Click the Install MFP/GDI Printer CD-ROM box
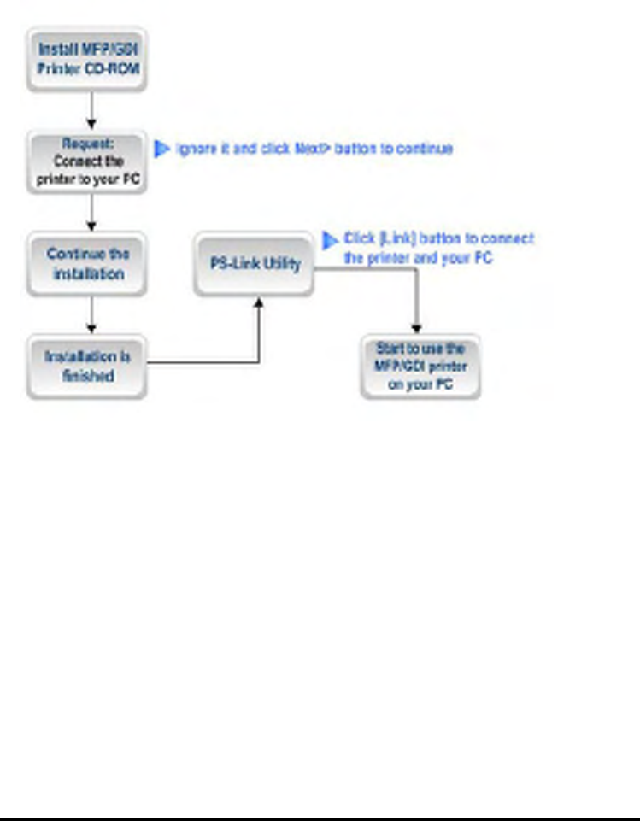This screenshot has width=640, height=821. coord(87,59)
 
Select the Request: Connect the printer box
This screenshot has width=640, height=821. coord(87,161)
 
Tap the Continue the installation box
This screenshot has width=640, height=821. coord(87,264)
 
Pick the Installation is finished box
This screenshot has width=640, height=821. coord(87,366)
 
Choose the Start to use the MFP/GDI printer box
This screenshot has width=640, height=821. coord(420,366)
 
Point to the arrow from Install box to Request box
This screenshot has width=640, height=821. coord(91,109)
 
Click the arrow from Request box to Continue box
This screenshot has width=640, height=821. coord(91,212)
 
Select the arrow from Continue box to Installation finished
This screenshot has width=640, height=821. coord(91,315)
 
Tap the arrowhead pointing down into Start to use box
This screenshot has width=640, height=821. coord(417,327)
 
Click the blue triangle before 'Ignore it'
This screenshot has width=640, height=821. coord(161,149)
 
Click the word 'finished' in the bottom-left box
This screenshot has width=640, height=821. coord(87,375)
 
